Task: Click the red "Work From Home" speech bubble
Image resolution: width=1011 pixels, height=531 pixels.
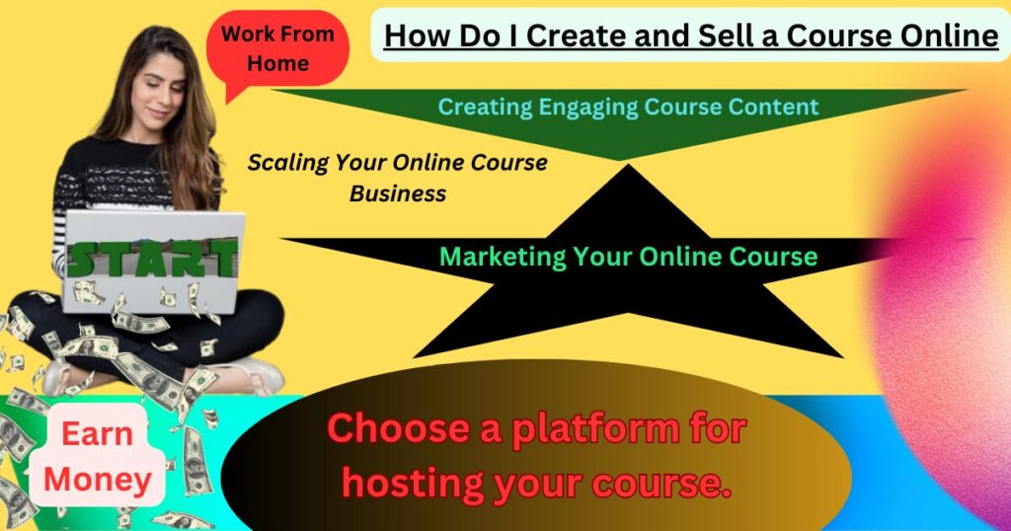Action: [x=277, y=49]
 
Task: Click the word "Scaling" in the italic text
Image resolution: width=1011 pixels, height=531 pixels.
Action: [x=288, y=163]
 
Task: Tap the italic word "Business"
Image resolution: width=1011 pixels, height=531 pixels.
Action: [x=398, y=193]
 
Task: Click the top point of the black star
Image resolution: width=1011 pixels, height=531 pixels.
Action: [x=628, y=165]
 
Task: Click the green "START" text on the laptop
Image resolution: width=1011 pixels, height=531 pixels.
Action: [x=152, y=258]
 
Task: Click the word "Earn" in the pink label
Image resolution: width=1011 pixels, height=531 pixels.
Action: [x=98, y=433]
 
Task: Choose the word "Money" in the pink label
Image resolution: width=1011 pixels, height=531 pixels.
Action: [x=98, y=481]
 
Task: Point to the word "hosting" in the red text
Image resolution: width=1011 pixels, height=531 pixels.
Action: [x=413, y=484]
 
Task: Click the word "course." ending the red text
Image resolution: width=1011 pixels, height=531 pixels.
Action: [x=659, y=484]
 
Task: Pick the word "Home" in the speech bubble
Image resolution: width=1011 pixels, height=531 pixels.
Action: [x=277, y=64]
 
